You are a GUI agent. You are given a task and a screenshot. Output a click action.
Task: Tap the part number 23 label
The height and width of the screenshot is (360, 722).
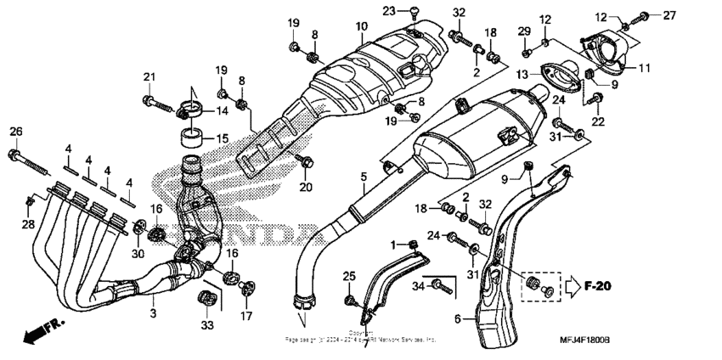pos(389,10)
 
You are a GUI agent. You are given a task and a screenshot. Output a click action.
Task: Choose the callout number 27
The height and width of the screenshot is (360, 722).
pos(669,15)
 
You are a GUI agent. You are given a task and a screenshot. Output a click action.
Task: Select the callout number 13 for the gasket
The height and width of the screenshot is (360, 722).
pos(522,74)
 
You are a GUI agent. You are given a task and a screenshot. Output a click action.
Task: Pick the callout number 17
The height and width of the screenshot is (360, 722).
pos(246,317)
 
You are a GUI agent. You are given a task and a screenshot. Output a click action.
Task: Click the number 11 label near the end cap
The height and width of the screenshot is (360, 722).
pos(645,67)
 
